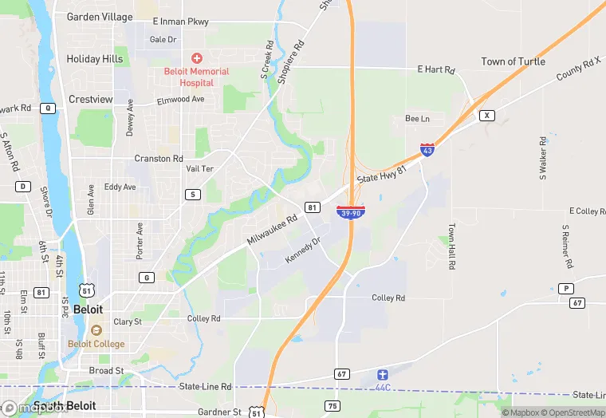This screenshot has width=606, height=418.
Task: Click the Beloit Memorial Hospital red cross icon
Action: (195, 58)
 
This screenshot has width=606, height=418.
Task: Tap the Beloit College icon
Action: (96, 330)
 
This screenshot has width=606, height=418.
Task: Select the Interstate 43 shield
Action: (428, 150)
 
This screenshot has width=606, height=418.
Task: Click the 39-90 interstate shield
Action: (351, 212)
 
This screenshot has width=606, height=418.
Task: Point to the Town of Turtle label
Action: (513, 61)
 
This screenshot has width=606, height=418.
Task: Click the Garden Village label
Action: (100, 16)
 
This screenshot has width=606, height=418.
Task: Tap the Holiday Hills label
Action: (95, 59)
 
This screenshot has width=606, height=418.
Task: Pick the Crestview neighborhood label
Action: (91, 99)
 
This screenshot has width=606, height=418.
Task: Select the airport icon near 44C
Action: (383, 374)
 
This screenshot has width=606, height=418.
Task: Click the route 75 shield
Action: (333, 406)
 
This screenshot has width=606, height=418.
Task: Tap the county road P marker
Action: (566, 289)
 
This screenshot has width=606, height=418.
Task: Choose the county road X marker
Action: (486, 116)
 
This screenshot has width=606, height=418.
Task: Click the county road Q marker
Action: (49, 108)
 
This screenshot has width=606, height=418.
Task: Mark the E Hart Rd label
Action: (436, 70)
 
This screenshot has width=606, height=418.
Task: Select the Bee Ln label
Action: (417, 119)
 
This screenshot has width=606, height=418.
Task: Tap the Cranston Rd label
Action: (159, 159)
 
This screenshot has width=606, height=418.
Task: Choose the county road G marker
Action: (146, 278)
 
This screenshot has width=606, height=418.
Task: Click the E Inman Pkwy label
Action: (180, 22)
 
